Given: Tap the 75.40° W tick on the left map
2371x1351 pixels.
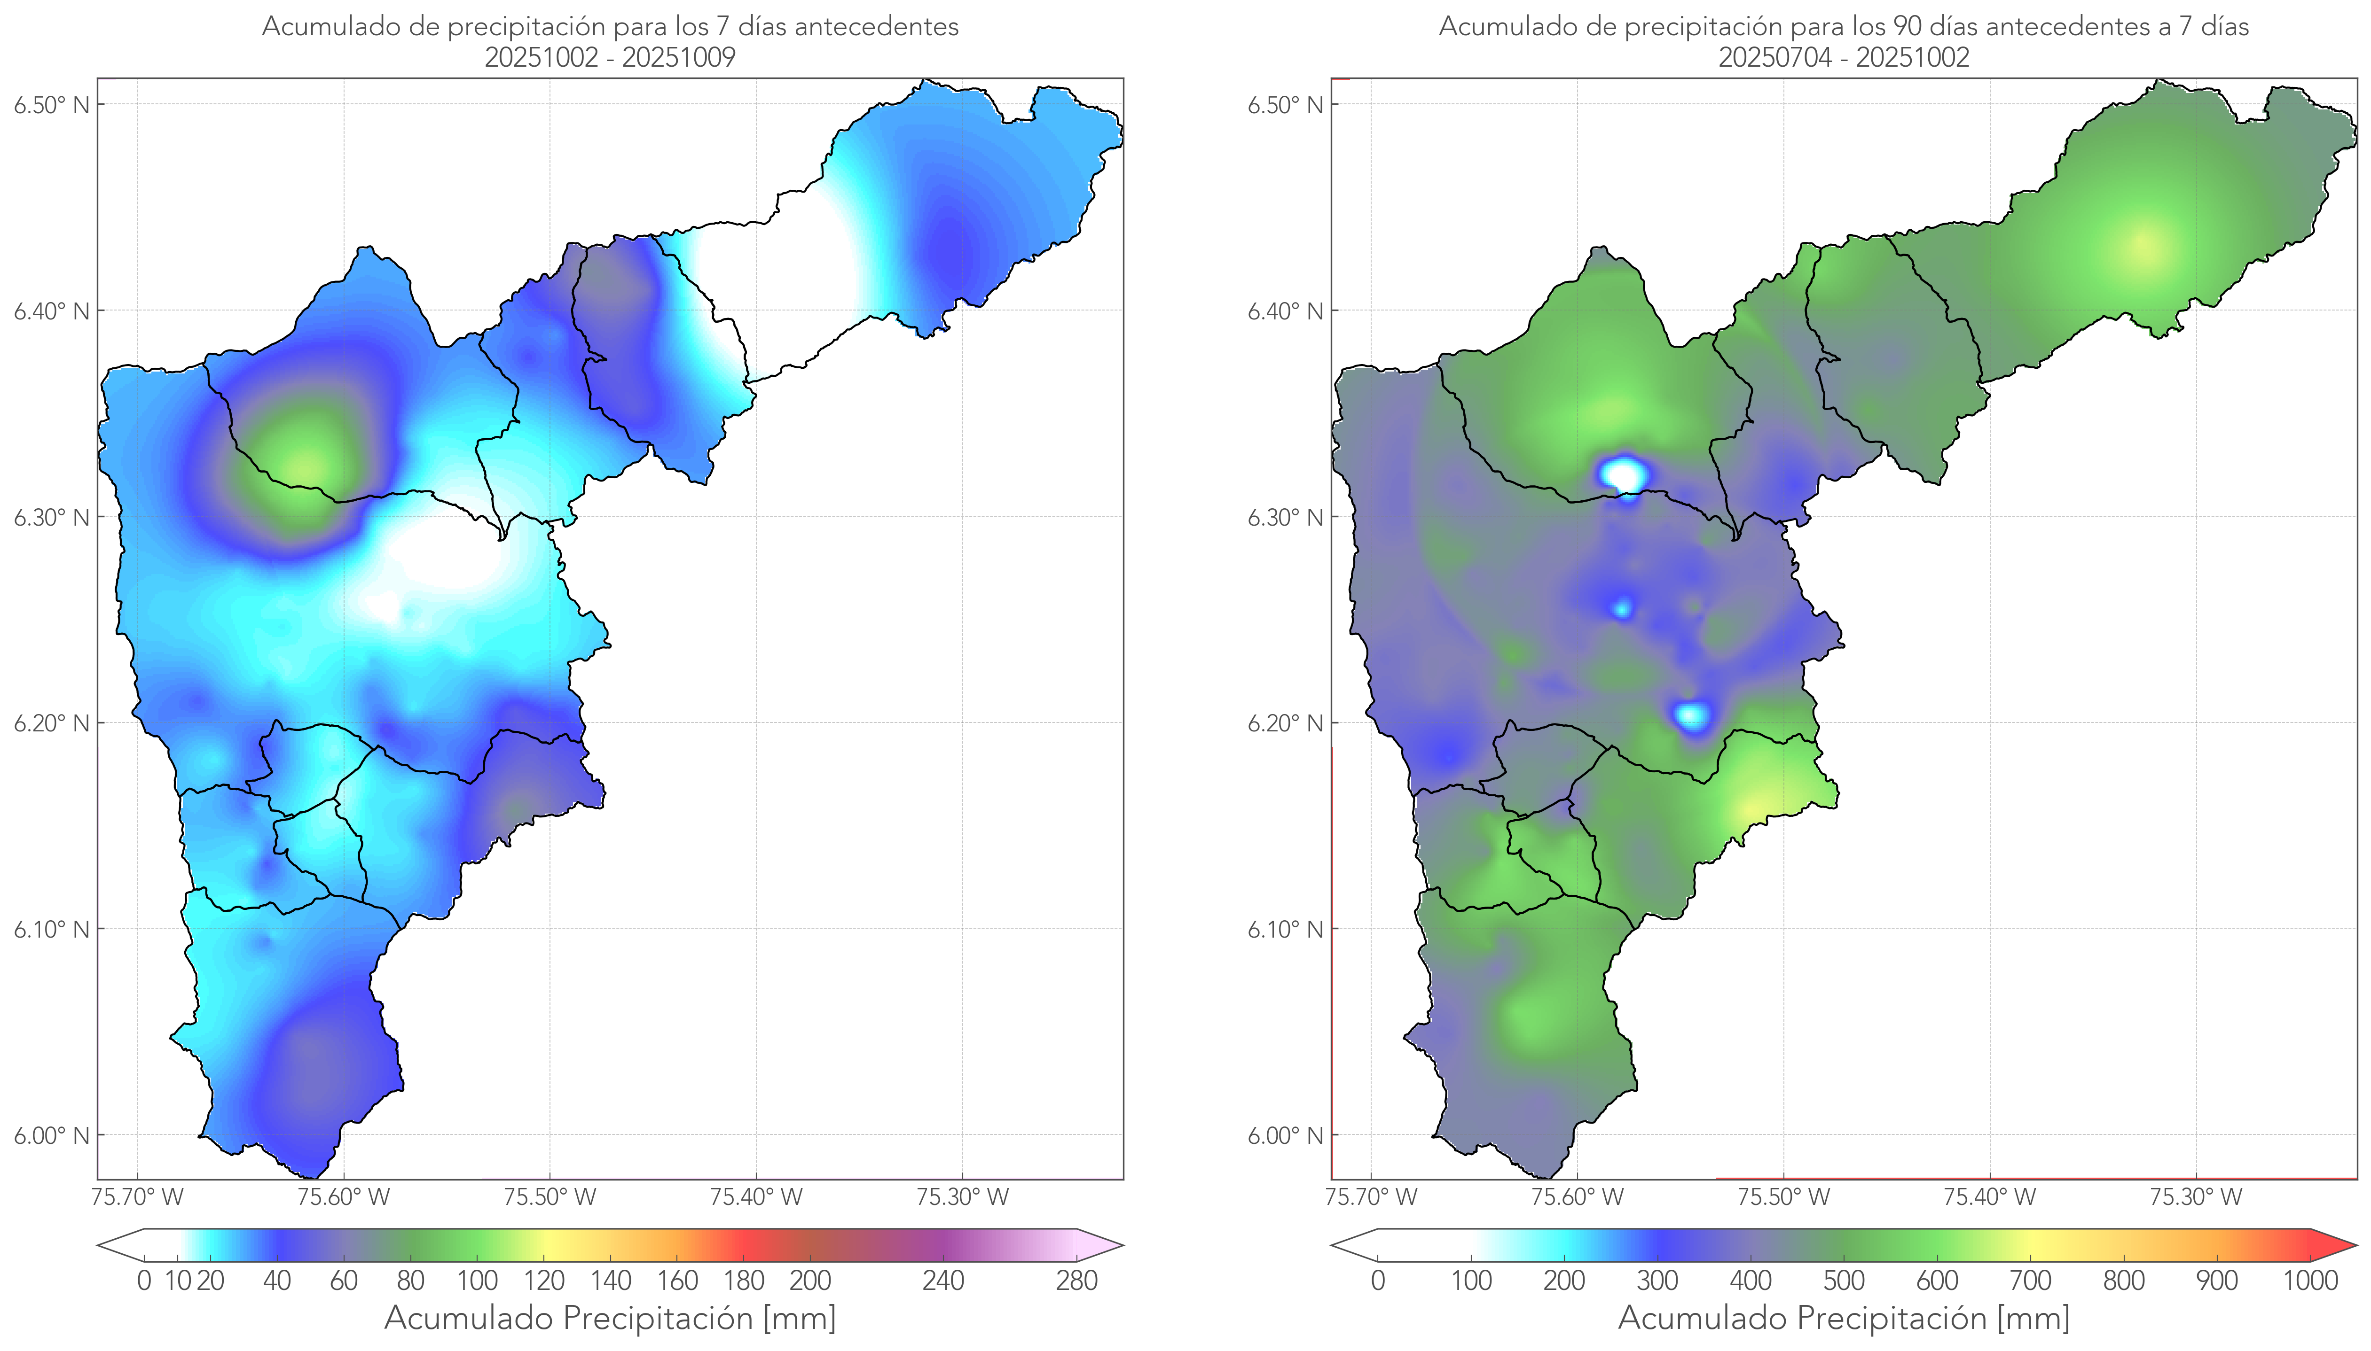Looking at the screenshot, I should tap(756, 1197).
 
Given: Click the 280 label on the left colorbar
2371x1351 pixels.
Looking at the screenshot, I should tap(1077, 1281).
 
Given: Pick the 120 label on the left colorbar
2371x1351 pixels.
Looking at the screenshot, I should tap(544, 1281).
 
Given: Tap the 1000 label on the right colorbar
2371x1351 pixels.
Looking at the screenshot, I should tap(2310, 1281).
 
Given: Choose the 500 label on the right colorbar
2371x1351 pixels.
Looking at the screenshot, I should tap(1844, 1281).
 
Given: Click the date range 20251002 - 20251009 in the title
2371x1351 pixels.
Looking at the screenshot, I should tap(610, 57).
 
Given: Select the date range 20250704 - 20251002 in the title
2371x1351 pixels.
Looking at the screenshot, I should tap(1844, 57).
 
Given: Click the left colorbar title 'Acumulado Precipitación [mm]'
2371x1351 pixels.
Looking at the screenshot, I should tap(610, 1318).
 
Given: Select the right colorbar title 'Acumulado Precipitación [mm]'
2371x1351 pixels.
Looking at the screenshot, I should tap(1844, 1318).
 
